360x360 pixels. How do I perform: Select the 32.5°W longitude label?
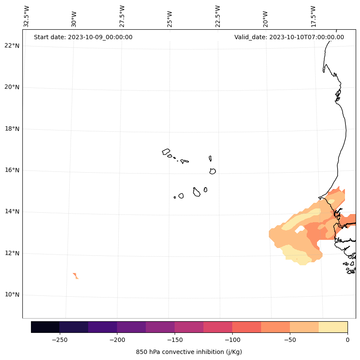[x=27, y=16]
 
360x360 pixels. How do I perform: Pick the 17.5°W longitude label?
[x=313, y=16]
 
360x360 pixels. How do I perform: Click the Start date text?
[x=83, y=37]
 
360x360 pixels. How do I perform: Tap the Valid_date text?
[x=289, y=37]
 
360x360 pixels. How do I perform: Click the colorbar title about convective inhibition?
[x=189, y=352]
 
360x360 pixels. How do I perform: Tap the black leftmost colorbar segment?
[x=45, y=327]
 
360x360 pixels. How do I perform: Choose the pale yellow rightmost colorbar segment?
[x=333, y=327]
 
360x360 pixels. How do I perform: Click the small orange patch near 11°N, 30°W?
[x=76, y=276]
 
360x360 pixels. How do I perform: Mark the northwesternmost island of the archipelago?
[x=166, y=152]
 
